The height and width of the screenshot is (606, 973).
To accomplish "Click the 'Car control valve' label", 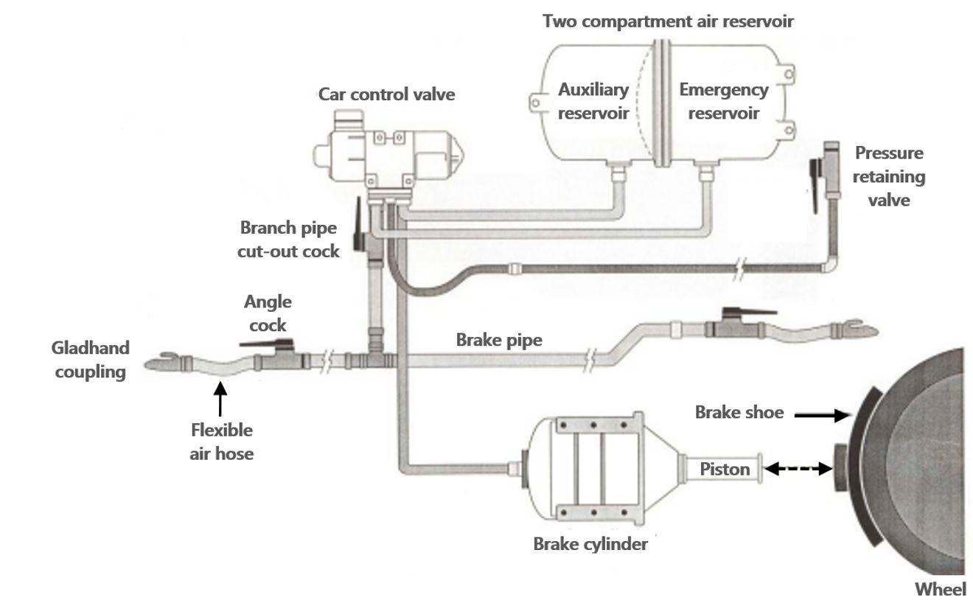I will click(x=386, y=94).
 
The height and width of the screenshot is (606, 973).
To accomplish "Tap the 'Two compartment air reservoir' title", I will click(x=668, y=21).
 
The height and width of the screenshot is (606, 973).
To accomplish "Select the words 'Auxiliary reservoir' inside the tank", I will click(x=593, y=101).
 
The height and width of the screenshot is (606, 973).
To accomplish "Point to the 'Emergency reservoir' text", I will click(x=723, y=101).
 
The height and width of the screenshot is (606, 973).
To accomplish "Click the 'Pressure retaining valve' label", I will click(x=889, y=176).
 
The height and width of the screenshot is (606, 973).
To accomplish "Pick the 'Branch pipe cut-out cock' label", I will click(x=288, y=239).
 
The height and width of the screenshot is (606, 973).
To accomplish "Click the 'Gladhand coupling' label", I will click(x=90, y=359).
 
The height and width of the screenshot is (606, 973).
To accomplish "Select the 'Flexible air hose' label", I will click(x=221, y=441).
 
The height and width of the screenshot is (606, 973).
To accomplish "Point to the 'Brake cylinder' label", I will click(x=590, y=545).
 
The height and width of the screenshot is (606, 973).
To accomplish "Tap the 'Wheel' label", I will click(x=940, y=589).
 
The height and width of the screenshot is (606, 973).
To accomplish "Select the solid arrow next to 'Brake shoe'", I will click(x=822, y=416).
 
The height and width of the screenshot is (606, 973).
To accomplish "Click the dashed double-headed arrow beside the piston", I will click(x=799, y=468).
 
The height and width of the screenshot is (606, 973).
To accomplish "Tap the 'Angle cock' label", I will click(x=268, y=313).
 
